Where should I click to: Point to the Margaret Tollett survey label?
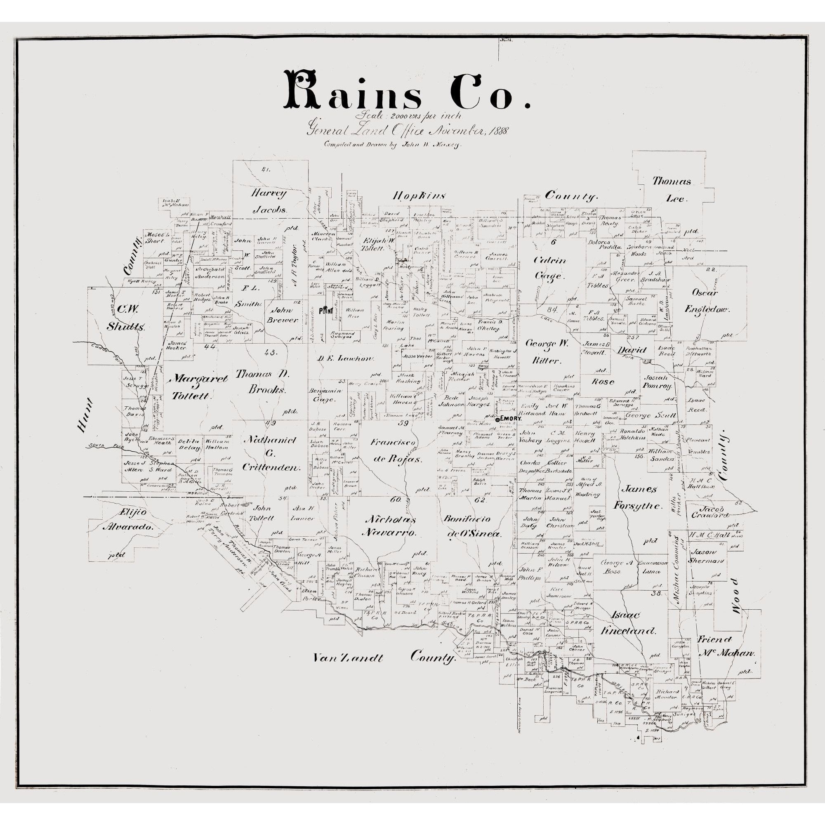click(195, 387)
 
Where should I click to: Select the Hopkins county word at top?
click(418, 196)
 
